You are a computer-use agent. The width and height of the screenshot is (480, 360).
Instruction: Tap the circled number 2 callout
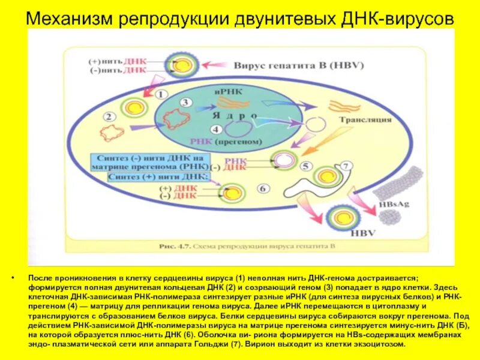pyautogui.click(x=109, y=116)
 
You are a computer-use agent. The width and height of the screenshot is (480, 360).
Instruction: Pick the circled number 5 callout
pyautogui.click(x=305, y=166)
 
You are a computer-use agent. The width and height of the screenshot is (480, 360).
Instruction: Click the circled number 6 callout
pyautogui.click(x=262, y=188)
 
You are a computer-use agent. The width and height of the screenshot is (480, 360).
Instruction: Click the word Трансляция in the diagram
pyautogui.click(x=365, y=119)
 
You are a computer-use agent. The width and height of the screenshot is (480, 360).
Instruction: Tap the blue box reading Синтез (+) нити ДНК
pyautogui.click(x=157, y=177)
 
